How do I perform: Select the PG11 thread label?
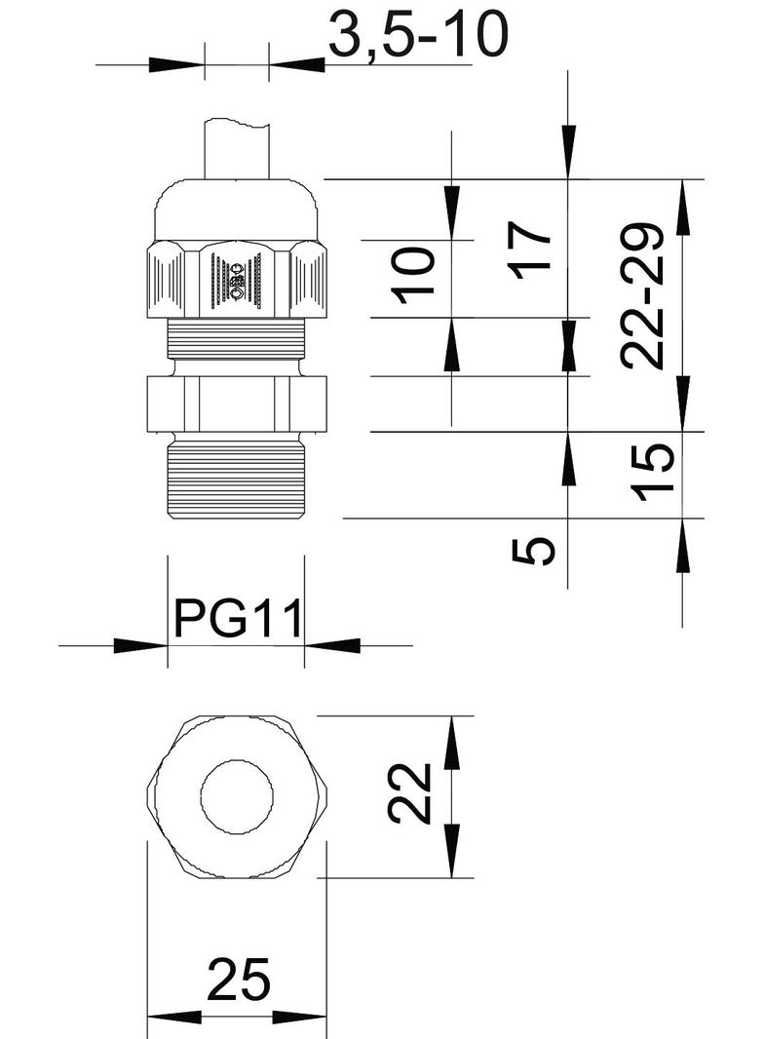238,619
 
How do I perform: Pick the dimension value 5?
534,550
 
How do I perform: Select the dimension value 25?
238,980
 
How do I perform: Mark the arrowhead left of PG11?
140,645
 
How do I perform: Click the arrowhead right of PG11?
332,645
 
